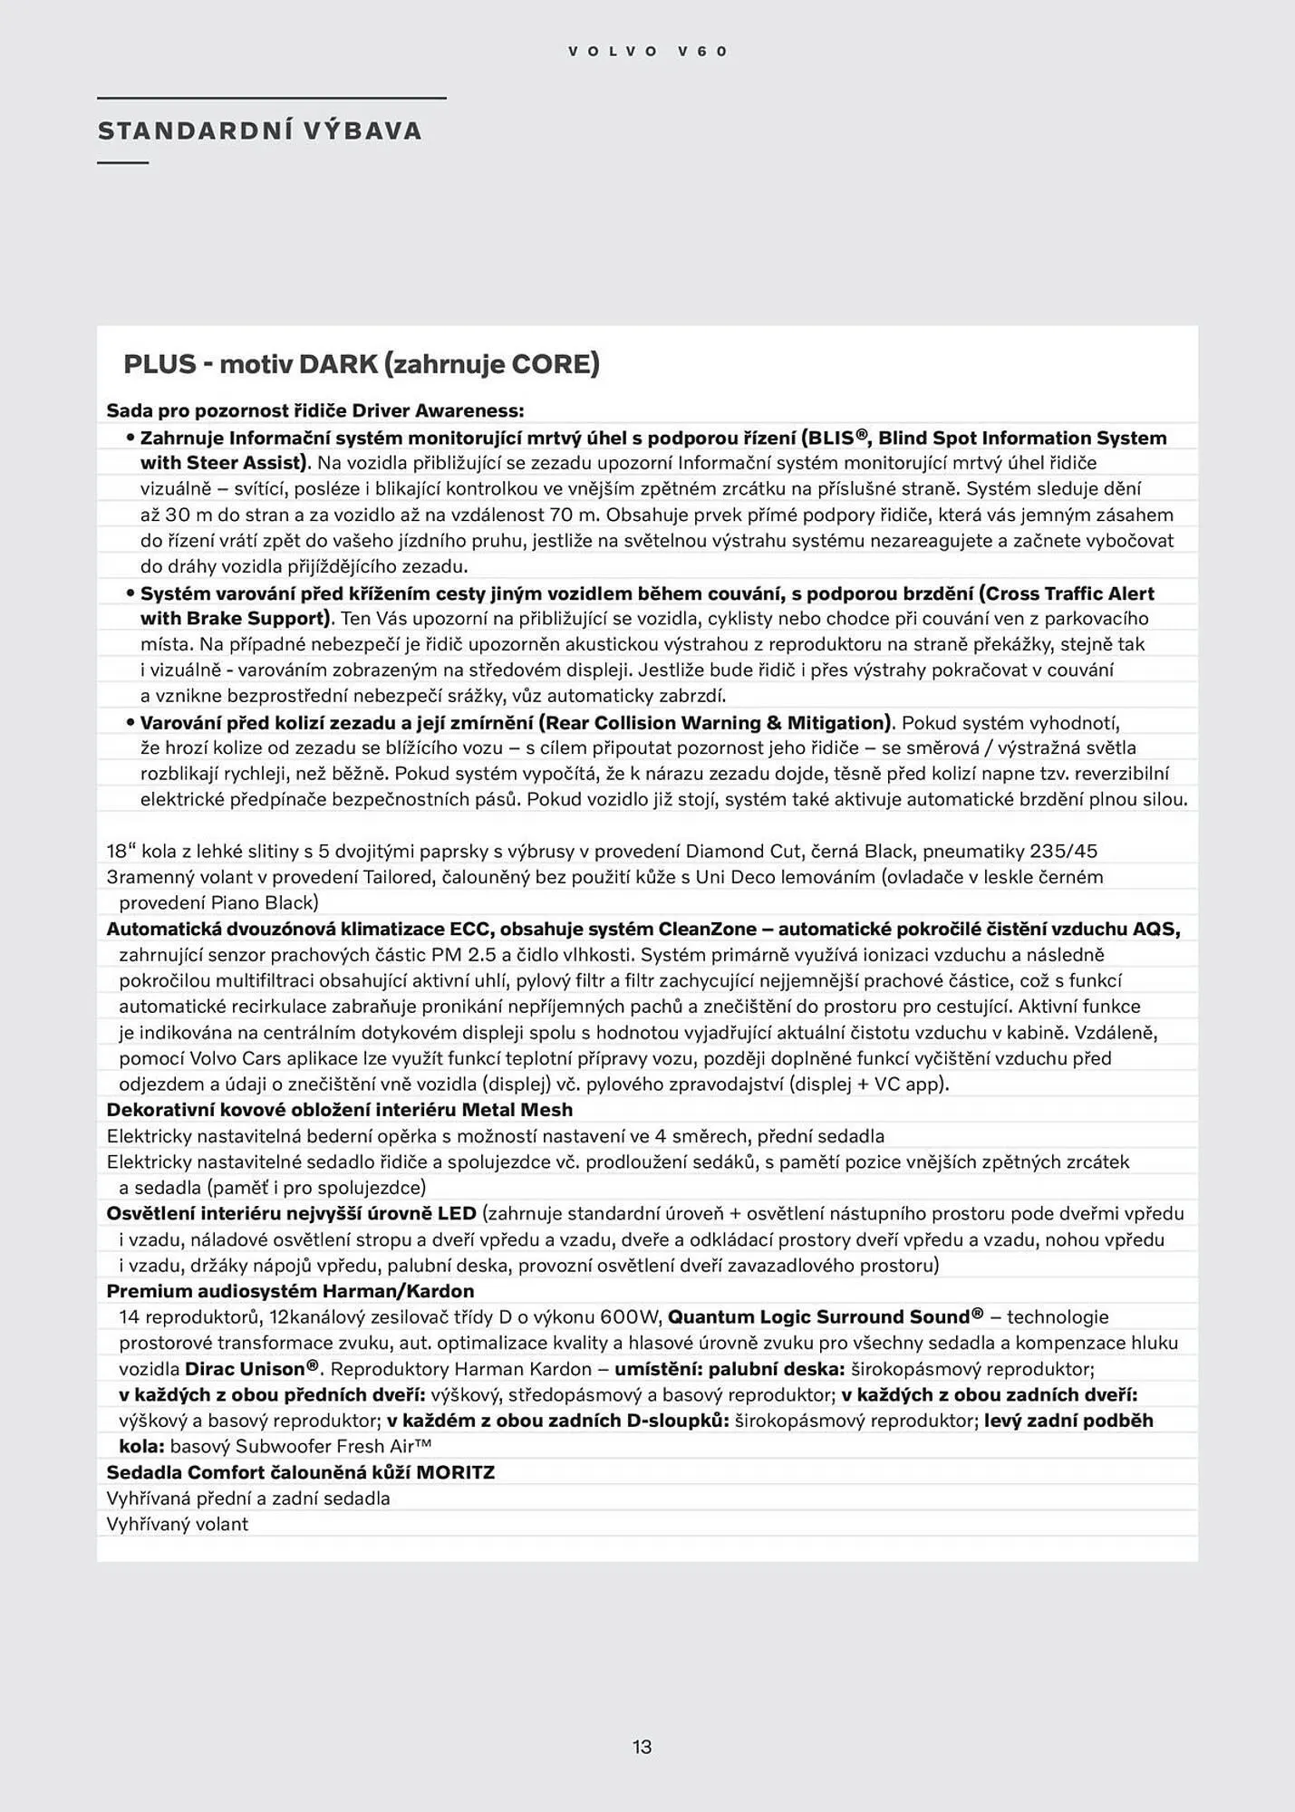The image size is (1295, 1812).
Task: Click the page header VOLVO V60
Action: pos(647,52)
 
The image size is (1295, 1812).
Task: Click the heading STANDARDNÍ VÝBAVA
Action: pos(260,131)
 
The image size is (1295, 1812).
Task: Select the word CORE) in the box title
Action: pos(556,364)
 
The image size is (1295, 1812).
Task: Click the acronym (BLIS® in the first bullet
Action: pos(828,439)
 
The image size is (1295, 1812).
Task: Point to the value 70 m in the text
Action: pos(575,516)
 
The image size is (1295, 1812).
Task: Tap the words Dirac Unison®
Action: pos(251,1369)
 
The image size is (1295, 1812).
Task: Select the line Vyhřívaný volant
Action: pos(178,1525)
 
